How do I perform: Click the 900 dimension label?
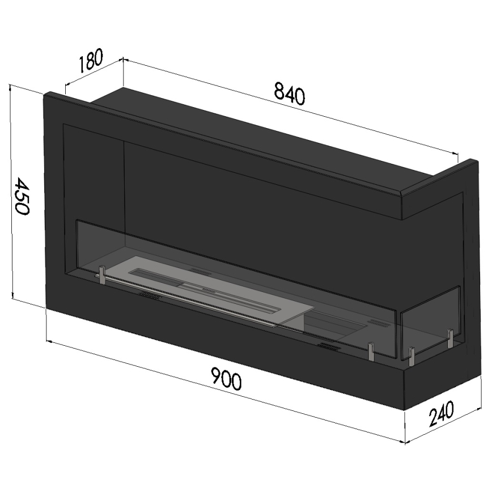click(226, 379)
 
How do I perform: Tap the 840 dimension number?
click(289, 94)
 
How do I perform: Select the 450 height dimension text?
click(22, 196)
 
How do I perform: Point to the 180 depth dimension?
click(91, 62)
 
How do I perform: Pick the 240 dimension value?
click(441, 413)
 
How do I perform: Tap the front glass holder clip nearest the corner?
click(370, 351)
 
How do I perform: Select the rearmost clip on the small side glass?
click(450, 338)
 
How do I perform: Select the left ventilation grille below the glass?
click(149, 296)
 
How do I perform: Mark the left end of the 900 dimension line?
click(48, 341)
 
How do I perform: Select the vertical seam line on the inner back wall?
click(124, 187)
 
